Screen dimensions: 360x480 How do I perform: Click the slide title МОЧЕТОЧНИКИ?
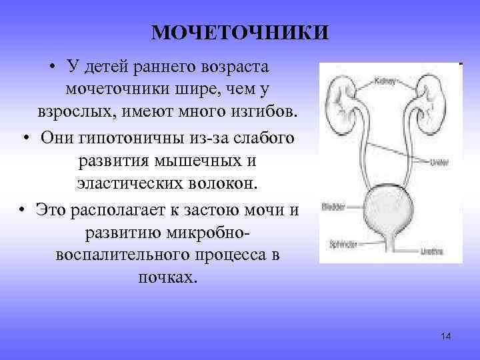240,32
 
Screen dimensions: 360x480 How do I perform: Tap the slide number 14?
446,336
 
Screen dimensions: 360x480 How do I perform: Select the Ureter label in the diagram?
439,161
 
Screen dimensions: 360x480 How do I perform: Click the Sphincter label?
343,243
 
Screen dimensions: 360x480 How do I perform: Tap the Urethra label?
431,251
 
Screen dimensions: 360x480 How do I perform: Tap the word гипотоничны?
134,137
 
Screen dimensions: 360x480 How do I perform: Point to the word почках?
168,277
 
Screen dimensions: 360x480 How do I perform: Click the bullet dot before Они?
24,138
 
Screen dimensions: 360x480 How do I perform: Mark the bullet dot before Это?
24,209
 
